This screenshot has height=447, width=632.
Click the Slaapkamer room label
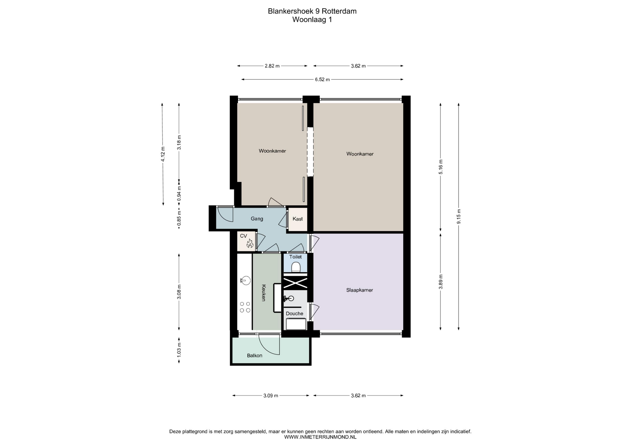pyautogui.click(x=359, y=290)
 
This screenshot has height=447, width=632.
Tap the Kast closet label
pyautogui.click(x=298, y=219)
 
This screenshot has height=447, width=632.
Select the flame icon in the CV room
pyautogui.click(x=250, y=244)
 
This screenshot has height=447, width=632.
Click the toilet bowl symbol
pyautogui.click(x=296, y=267)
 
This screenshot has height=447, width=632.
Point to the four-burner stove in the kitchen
pyautogui.click(x=245, y=307)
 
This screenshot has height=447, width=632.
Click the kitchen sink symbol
pyautogui.click(x=245, y=280)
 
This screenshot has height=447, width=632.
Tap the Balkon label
pyautogui.click(x=255, y=355)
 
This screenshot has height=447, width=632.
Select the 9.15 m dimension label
pyautogui.click(x=459, y=216)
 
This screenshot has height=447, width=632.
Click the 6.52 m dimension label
pyautogui.click(x=322, y=79)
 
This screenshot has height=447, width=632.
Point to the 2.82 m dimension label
pyautogui.click(x=272, y=66)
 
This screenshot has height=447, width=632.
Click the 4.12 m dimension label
pyautogui.click(x=163, y=154)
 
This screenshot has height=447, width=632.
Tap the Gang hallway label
pyautogui.click(x=257, y=219)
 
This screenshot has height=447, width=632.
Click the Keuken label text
pyautogui.click(x=263, y=293)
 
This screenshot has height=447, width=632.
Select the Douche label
pyautogui.click(x=295, y=313)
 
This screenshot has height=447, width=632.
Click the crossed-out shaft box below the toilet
pyautogui.click(x=295, y=283)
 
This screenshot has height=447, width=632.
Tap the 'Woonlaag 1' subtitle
pyautogui.click(x=312, y=19)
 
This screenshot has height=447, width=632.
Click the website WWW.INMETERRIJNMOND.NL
pyautogui.click(x=320, y=437)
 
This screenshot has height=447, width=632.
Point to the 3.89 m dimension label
pyautogui.click(x=441, y=282)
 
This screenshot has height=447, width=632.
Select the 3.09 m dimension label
pyautogui.click(x=271, y=396)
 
